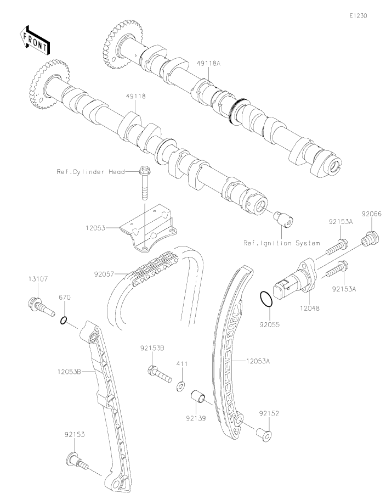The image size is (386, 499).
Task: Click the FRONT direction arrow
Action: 34,40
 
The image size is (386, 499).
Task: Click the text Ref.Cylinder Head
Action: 90,171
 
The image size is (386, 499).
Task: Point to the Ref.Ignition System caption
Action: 282,242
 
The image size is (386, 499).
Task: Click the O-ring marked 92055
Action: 265,300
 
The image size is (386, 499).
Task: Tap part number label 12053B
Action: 70,372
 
